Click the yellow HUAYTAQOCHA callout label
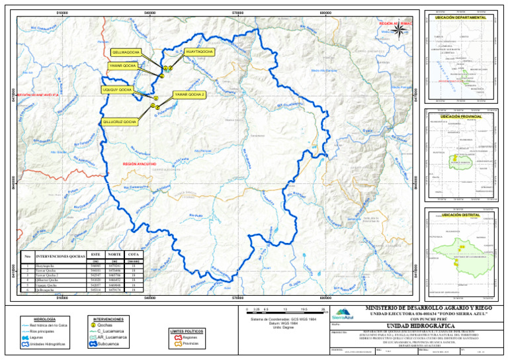[199, 52]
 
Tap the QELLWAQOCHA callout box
[126, 52]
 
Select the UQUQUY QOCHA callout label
[116, 89]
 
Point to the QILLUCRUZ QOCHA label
[120, 122]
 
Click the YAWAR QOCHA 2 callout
[189, 95]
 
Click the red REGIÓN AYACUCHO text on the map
[139, 163]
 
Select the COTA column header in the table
[133, 255]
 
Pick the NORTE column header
[114, 255]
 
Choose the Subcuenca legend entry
[104, 344]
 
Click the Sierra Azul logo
[342, 314]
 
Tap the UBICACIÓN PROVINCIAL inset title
[461, 116]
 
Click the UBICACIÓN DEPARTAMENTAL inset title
[461, 15]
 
